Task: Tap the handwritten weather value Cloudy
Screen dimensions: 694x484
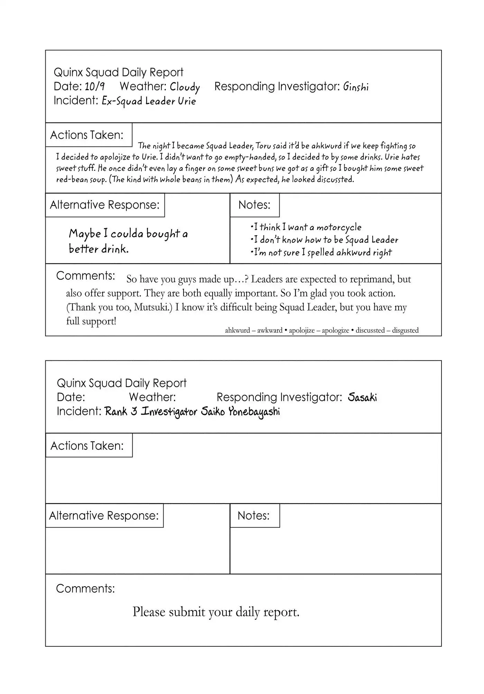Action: (x=185, y=87)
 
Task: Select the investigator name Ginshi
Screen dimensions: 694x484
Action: (x=356, y=87)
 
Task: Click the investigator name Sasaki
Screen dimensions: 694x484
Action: (x=362, y=397)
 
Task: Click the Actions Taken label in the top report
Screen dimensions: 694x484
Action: (x=87, y=135)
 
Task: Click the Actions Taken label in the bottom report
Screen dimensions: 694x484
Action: (x=87, y=446)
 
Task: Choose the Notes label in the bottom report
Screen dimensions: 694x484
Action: (x=253, y=515)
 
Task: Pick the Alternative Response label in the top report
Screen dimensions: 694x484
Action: (x=104, y=205)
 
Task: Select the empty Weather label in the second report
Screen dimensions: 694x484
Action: (x=152, y=397)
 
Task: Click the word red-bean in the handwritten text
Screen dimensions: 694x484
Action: (x=71, y=180)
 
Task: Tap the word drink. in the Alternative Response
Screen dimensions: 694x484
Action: (x=115, y=249)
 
